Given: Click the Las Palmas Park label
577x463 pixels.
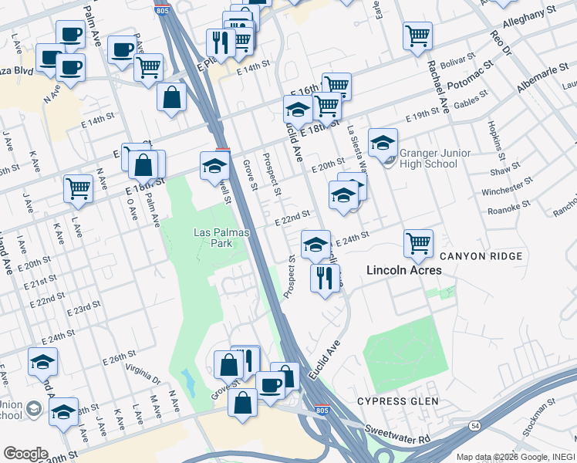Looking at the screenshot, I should (x=211, y=237).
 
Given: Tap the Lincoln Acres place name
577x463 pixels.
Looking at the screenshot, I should (x=403, y=270).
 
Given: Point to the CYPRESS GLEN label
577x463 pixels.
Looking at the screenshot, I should (x=397, y=401).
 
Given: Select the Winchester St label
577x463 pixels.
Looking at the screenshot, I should (x=507, y=186).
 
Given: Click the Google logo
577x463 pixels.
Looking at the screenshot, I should (x=25, y=454).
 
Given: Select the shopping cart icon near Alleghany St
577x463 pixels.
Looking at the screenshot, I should (x=417, y=35).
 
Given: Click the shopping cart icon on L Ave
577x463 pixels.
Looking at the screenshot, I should (x=79, y=188).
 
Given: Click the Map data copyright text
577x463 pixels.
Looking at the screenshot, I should (x=515, y=456).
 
